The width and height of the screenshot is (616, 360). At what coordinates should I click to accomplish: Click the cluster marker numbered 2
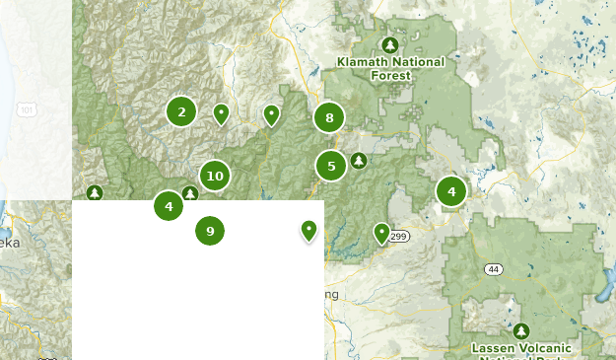(181, 111)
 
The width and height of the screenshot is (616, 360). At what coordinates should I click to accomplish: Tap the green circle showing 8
(329, 118)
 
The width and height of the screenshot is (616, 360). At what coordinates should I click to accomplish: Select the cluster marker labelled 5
(331, 166)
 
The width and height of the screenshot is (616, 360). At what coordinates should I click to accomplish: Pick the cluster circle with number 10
(214, 177)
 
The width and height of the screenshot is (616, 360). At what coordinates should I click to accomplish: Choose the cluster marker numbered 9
(210, 231)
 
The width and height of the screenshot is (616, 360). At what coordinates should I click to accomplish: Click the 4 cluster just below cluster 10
(169, 206)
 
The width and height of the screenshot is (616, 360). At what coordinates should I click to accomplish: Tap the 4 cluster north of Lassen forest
(451, 191)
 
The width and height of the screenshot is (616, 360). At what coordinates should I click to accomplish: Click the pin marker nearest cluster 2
(222, 114)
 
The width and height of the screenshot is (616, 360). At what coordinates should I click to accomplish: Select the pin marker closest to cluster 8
(272, 115)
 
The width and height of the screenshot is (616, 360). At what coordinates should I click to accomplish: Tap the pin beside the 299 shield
(381, 233)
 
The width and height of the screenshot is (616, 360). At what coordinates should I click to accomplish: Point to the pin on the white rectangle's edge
(309, 231)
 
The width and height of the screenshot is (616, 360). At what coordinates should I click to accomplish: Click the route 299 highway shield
(398, 237)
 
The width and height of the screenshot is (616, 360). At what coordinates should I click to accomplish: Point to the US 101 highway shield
(28, 109)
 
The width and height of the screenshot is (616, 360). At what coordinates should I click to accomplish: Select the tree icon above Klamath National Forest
(390, 45)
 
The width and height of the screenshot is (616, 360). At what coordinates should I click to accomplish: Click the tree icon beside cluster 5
(360, 160)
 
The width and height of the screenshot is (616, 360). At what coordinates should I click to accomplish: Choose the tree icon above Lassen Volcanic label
(521, 330)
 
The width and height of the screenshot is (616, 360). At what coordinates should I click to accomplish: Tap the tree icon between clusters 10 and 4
(189, 193)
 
